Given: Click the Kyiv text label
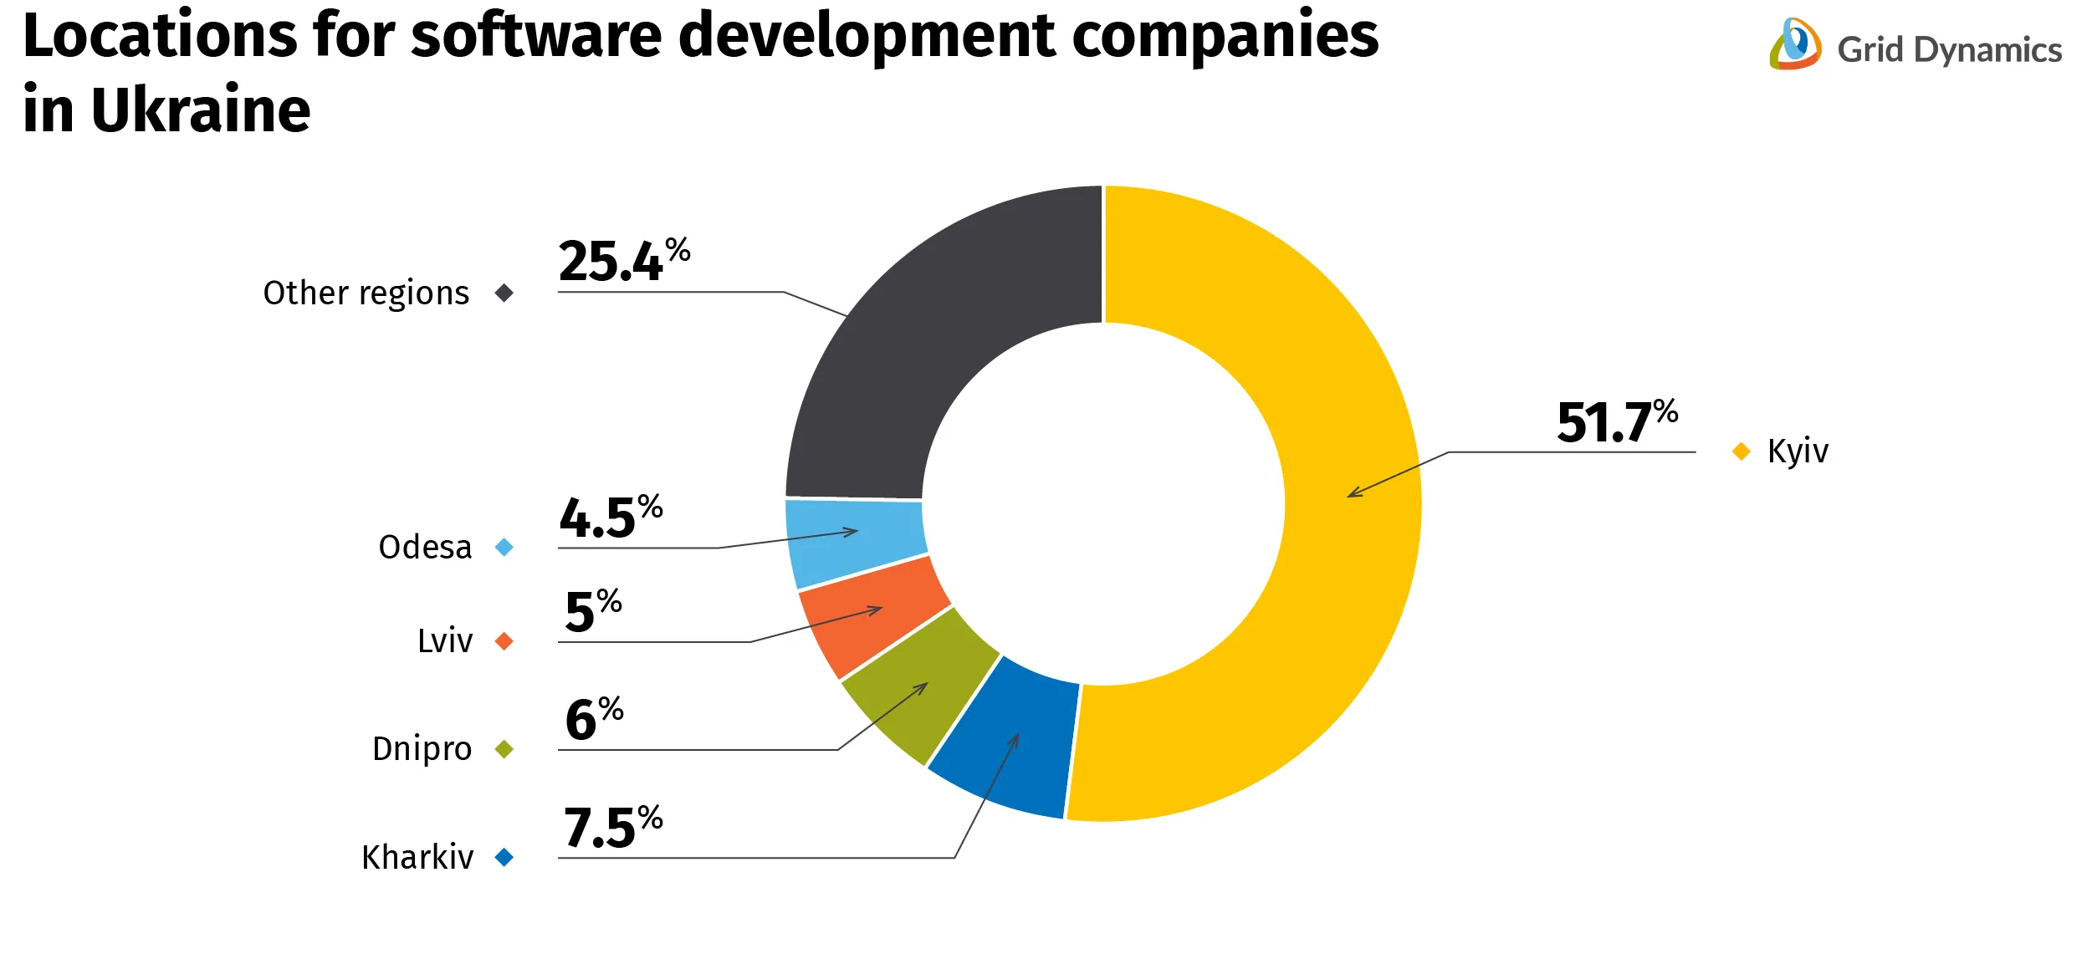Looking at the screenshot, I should (x=1797, y=451).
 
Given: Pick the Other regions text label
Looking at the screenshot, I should (x=366, y=293).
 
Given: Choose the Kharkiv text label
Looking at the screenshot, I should (x=417, y=858).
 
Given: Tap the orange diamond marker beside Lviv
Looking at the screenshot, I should (x=504, y=641).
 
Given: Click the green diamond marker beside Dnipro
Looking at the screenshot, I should (x=504, y=749).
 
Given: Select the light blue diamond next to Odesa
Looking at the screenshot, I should (x=504, y=548).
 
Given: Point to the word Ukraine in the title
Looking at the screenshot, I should (x=201, y=110).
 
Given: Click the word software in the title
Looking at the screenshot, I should (x=535, y=38).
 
